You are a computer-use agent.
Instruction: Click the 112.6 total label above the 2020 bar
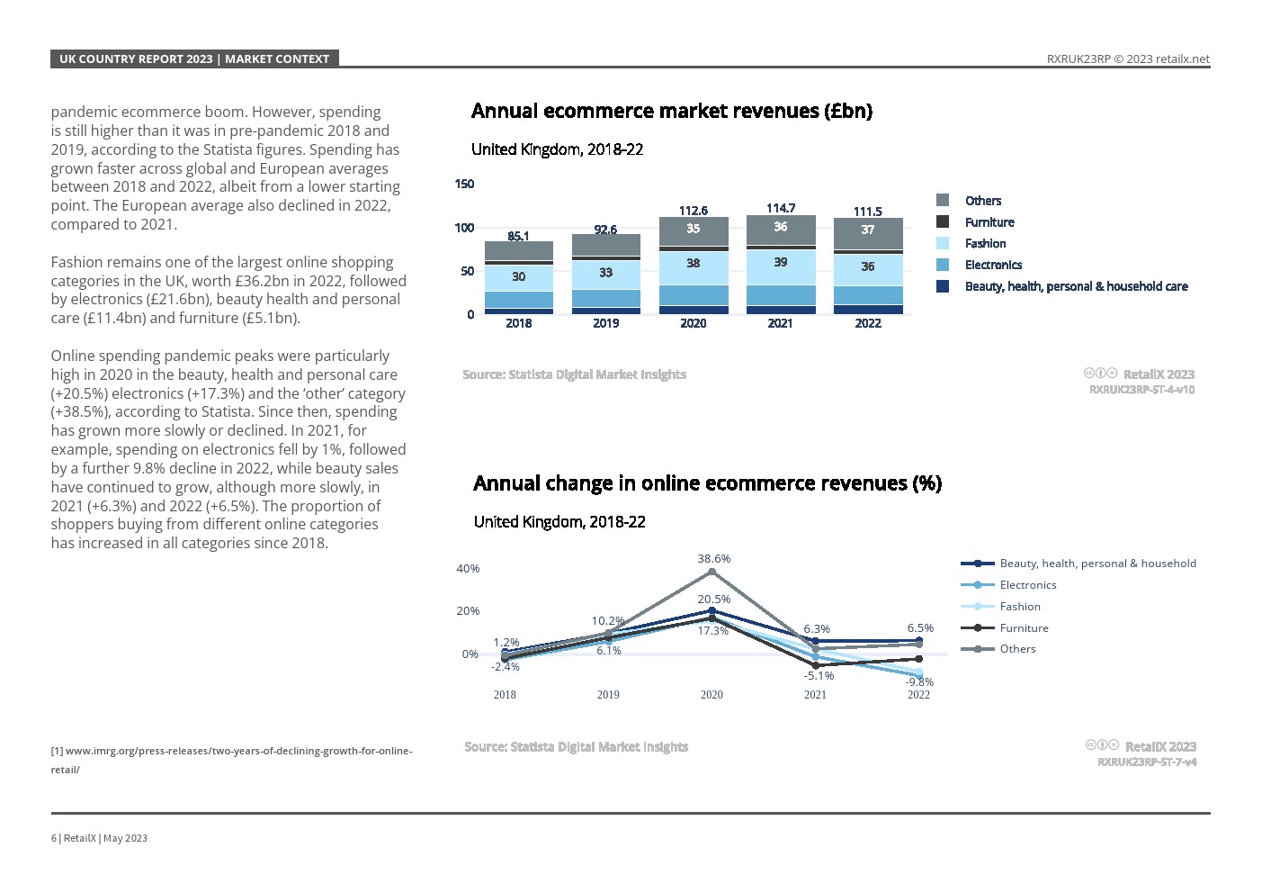(693, 211)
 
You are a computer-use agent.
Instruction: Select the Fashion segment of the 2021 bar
(780, 266)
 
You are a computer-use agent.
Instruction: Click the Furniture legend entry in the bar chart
(989, 222)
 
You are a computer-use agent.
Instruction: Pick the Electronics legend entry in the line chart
(1027, 585)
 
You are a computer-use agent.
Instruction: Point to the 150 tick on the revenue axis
(464, 184)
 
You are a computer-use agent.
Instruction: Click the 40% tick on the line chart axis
(468, 569)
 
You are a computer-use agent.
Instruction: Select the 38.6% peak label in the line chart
(713, 559)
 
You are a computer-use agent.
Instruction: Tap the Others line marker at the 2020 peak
(712, 572)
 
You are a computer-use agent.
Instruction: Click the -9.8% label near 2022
(919, 682)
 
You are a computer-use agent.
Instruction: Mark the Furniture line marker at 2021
(815, 665)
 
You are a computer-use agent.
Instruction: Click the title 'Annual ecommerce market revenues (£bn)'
(671, 111)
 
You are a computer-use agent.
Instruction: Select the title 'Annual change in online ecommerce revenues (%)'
(707, 483)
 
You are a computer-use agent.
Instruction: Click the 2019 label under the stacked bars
(605, 323)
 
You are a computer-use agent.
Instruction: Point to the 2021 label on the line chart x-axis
(815, 695)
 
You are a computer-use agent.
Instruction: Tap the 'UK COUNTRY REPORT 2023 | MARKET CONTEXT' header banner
(194, 59)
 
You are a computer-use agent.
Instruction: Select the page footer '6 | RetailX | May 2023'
(99, 838)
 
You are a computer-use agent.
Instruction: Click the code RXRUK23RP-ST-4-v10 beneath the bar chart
(1141, 390)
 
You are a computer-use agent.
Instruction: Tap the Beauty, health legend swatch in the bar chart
(943, 286)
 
